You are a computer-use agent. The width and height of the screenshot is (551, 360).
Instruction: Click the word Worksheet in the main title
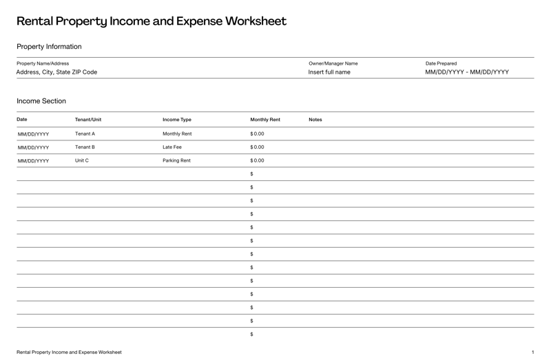pos(253,21)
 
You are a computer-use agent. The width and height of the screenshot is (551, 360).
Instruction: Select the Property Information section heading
pos(49,47)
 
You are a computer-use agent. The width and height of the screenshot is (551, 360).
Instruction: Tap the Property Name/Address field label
pos(43,63)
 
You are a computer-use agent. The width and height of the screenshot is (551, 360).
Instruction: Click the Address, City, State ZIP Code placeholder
pos(56,72)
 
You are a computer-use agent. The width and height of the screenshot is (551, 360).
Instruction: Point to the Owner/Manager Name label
pos(333,63)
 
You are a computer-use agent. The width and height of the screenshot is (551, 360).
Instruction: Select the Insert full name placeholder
pos(329,72)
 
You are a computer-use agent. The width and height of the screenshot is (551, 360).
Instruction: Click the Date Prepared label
pos(441,63)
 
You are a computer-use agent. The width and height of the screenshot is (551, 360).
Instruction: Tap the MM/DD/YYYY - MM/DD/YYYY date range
pos(467,72)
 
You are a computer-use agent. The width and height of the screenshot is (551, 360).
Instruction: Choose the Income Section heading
pos(41,101)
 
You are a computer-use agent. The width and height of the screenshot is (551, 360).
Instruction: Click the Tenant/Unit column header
pos(88,120)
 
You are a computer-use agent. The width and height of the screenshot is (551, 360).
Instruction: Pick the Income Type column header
pos(177,120)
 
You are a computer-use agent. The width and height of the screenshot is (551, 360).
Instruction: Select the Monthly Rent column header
pos(265,120)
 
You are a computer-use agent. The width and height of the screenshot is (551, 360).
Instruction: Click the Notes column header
pos(315,120)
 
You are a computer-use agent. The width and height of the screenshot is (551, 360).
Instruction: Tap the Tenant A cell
pos(85,134)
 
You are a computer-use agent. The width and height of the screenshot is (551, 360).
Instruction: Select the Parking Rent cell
pos(176,160)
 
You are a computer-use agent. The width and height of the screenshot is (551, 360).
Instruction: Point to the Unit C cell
pos(82,160)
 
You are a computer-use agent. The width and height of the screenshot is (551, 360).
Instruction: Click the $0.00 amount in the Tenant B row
pos(257,147)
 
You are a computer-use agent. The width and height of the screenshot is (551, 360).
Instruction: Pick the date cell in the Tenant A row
pos(33,134)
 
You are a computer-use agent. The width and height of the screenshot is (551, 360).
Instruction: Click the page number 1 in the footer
pos(532,352)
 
